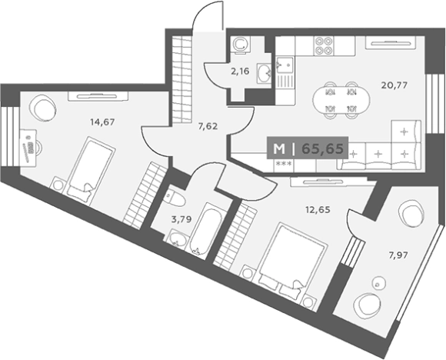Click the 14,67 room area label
tap(102, 122)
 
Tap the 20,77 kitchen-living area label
tap(394, 85)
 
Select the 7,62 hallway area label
tap(208, 126)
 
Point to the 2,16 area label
tap(240, 72)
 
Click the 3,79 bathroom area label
tap(181, 219)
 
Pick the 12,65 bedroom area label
tap(318, 210)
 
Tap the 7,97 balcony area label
tap(398, 255)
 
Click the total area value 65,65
tap(322, 148)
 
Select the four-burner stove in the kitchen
tap(324, 46)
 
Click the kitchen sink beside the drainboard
tap(285, 65)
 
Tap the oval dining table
tap(341, 100)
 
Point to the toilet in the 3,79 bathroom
tap(175, 198)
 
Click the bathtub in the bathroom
tap(206, 229)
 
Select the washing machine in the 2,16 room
tap(240, 45)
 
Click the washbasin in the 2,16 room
tap(264, 74)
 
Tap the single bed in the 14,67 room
tap(91, 170)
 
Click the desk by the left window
tap(28, 148)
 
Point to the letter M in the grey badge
tap(278, 148)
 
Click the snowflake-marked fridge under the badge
tap(284, 165)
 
